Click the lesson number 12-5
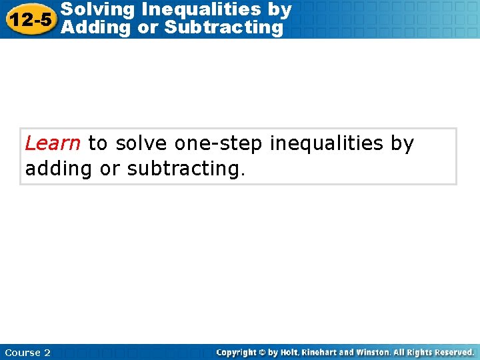29,19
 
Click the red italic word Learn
53,143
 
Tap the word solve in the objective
141,143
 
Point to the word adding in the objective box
59,169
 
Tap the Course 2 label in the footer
27,353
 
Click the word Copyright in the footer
239,352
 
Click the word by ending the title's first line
279,9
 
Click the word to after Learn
97,143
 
